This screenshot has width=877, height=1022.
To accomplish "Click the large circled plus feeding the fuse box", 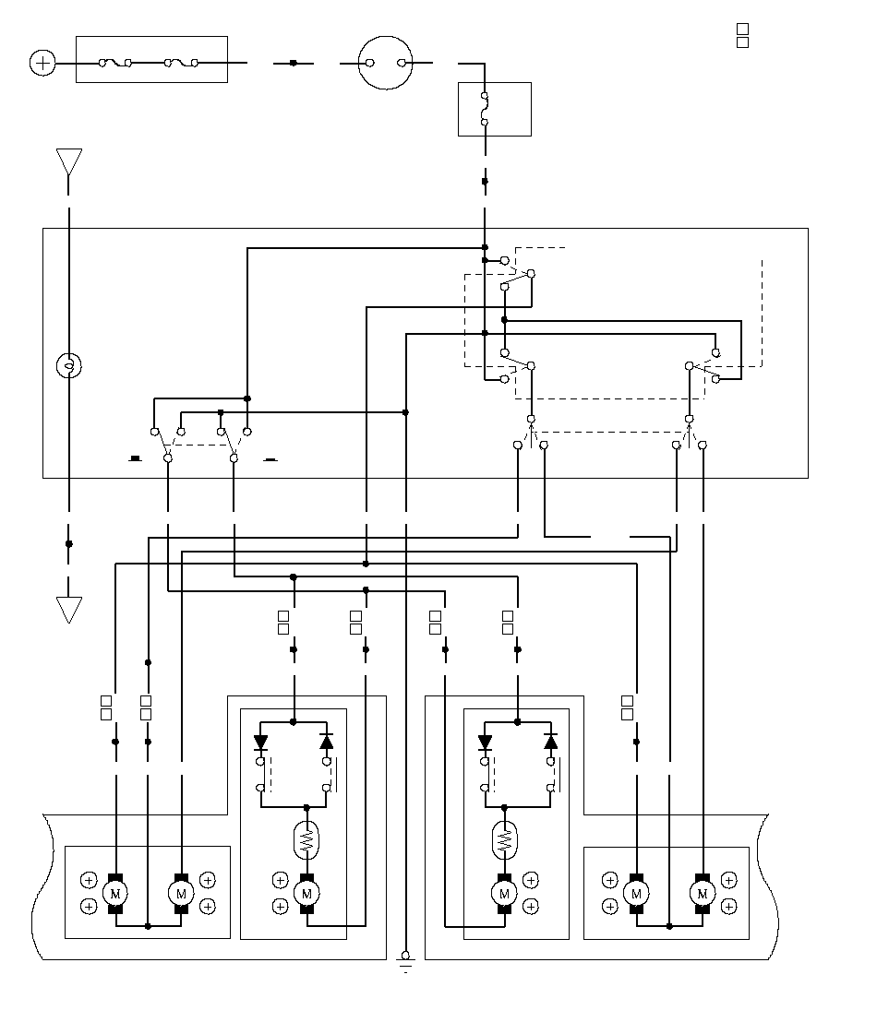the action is pyautogui.click(x=43, y=64).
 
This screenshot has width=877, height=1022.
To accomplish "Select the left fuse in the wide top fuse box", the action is pyautogui.click(x=114, y=63).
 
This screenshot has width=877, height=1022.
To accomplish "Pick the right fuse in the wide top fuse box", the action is pyautogui.click(x=181, y=63).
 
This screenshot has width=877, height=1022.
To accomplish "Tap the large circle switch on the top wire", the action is pyautogui.click(x=386, y=63).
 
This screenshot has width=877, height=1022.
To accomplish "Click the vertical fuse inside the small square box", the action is pyautogui.click(x=484, y=109).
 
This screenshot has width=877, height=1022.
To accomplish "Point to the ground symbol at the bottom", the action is pyautogui.click(x=406, y=960).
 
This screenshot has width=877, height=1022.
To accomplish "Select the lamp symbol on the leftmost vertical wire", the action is pyautogui.click(x=69, y=365).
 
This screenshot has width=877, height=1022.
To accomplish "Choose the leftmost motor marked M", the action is pyautogui.click(x=115, y=894).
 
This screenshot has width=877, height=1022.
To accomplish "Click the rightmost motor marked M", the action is pyautogui.click(x=703, y=894).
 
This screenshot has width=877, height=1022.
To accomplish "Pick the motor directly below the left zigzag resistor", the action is pyautogui.click(x=306, y=894).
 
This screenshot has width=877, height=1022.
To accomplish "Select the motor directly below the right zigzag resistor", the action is pyautogui.click(x=504, y=894).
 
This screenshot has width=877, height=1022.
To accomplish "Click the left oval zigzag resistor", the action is pyautogui.click(x=306, y=839).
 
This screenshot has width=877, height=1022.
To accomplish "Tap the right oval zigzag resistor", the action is pyautogui.click(x=504, y=839).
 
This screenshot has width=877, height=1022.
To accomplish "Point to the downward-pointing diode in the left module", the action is pyautogui.click(x=261, y=742).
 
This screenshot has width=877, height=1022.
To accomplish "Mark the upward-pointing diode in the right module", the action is pyautogui.click(x=551, y=742).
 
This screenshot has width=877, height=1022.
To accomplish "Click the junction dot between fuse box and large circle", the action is pyautogui.click(x=294, y=64).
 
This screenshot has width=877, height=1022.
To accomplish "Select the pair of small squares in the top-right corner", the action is pyautogui.click(x=742, y=36).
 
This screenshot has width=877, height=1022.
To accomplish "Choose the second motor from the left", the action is pyautogui.click(x=182, y=894).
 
